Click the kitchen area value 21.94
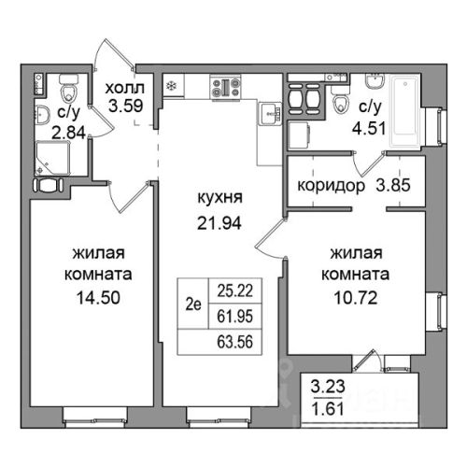(x=219, y=223)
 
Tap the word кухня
(x=219, y=198)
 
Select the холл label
(x=125, y=89)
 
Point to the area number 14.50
(x=98, y=298)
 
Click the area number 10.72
(x=356, y=298)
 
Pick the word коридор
(x=331, y=186)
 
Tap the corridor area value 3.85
(x=393, y=186)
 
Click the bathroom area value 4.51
(x=369, y=128)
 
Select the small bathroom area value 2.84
(x=68, y=134)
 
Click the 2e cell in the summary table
(x=193, y=304)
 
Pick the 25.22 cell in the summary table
(x=235, y=291)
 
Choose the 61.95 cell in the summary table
(x=235, y=317)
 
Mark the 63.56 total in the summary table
(x=235, y=342)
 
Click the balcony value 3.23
(x=328, y=387)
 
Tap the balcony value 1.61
(x=328, y=409)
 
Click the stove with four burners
(x=226, y=88)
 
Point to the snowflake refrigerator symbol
(x=171, y=86)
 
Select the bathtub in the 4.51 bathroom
(x=405, y=110)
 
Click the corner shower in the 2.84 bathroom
(x=52, y=158)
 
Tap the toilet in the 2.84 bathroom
(x=69, y=89)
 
